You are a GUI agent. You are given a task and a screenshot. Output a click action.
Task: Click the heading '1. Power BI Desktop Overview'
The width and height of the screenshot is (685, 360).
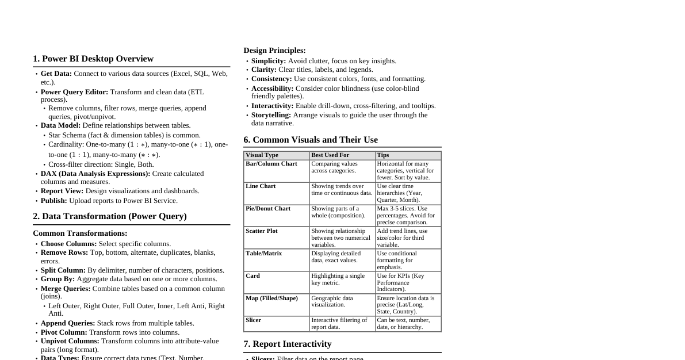[x=93, y=59]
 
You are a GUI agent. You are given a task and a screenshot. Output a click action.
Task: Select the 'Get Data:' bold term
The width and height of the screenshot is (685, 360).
[x=56, y=74]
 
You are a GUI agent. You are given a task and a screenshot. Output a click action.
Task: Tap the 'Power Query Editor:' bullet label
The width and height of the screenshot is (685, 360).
[x=74, y=92]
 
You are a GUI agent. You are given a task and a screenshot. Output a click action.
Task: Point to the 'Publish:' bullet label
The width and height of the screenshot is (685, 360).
[x=54, y=201]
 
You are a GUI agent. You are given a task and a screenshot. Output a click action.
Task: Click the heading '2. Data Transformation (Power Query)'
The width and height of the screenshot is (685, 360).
[x=110, y=216]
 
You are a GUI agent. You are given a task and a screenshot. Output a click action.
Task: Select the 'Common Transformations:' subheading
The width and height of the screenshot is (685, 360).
[x=80, y=233]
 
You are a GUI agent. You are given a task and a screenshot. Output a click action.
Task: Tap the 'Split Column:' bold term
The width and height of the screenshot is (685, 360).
[x=63, y=270]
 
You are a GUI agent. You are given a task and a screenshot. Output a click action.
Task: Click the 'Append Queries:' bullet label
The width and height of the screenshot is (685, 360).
[x=68, y=323]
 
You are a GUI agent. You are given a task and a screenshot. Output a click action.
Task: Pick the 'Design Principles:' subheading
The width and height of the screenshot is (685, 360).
[x=274, y=51]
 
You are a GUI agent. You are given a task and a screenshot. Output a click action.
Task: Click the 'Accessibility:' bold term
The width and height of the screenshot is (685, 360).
[x=273, y=89]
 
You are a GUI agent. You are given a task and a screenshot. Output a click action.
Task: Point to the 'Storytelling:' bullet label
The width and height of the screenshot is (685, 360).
[x=271, y=115]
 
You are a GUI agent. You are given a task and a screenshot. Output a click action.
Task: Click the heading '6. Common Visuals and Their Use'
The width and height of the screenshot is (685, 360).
[x=311, y=140]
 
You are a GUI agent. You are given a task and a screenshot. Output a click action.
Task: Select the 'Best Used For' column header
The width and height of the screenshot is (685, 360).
[x=330, y=155]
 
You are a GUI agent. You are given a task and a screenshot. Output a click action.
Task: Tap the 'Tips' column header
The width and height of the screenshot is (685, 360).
[x=383, y=155]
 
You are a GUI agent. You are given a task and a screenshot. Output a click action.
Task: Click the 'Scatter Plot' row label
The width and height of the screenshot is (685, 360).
[x=262, y=231]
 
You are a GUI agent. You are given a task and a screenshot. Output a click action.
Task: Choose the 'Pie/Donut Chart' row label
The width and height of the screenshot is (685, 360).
[x=268, y=209]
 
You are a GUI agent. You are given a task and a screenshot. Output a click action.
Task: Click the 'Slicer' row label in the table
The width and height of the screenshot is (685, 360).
[x=254, y=320]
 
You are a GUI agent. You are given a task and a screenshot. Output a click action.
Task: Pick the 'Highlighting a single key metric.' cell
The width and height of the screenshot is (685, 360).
[x=338, y=279]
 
